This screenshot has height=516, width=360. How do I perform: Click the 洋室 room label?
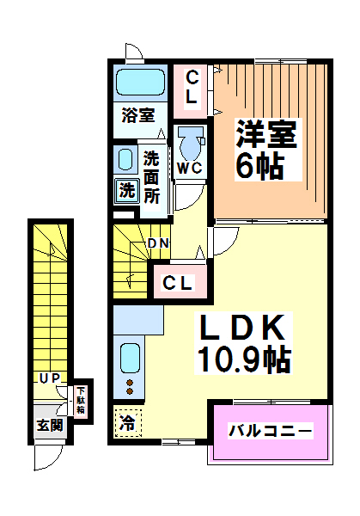click(x=267, y=135)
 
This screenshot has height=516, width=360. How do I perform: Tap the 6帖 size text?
click(x=260, y=166)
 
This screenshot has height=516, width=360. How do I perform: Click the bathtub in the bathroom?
click(x=139, y=84)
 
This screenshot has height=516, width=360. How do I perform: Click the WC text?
click(x=190, y=168)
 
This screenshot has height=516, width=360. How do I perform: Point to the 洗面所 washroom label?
click(x=152, y=176)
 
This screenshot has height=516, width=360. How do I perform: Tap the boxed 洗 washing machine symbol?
click(x=125, y=189)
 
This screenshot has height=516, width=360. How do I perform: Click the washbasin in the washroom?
click(x=125, y=159)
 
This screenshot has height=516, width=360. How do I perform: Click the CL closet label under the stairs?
click(x=178, y=281)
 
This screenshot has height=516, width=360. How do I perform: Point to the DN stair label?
click(x=157, y=243)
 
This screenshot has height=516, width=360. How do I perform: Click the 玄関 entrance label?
click(x=49, y=425)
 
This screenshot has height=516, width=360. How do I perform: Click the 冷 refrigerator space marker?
click(x=126, y=422)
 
